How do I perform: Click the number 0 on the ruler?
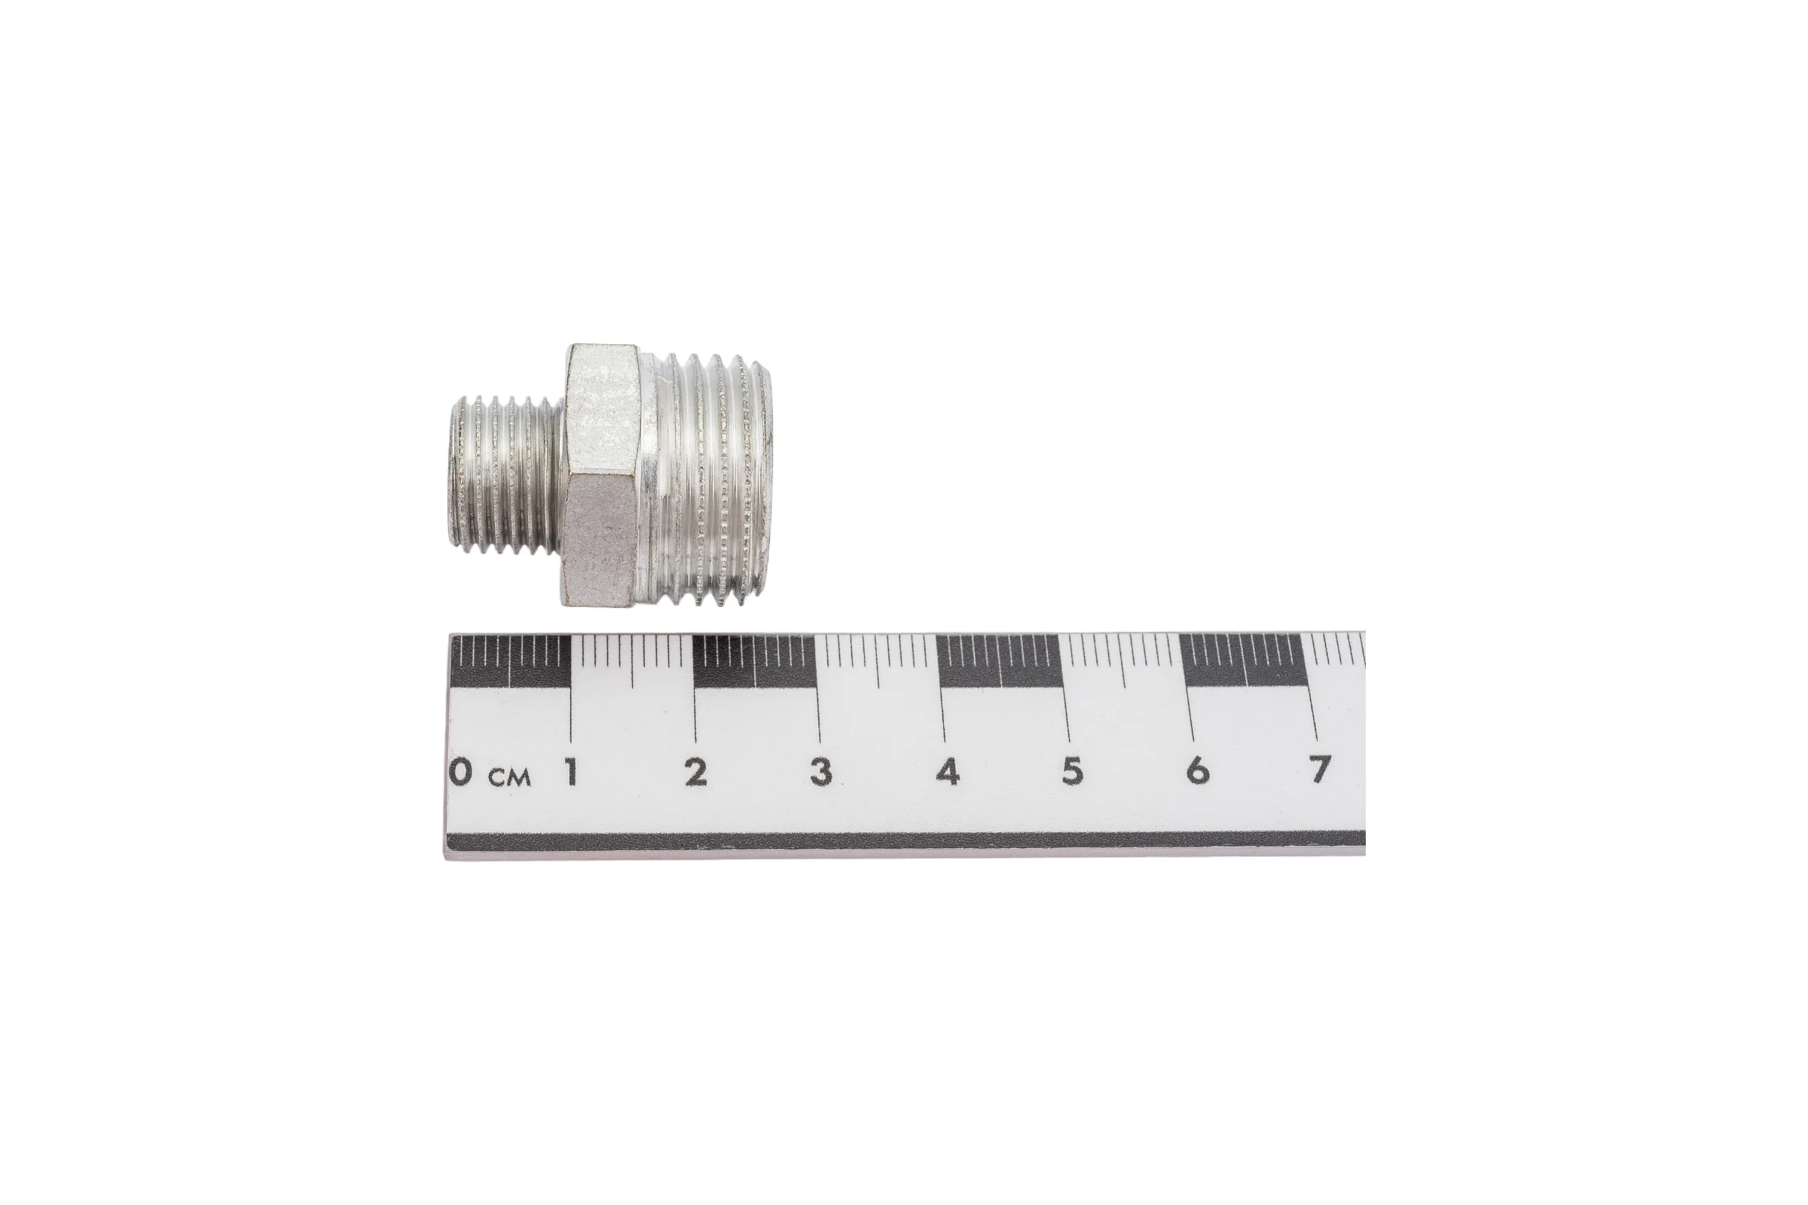pyautogui.click(x=460, y=770)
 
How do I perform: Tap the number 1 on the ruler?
pyautogui.click(x=570, y=770)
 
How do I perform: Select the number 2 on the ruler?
pyautogui.click(x=695, y=771)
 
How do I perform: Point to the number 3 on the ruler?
pyautogui.click(x=821, y=771)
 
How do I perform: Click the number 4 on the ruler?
pyautogui.click(x=948, y=771)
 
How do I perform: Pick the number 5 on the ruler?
pyautogui.click(x=1072, y=770)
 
